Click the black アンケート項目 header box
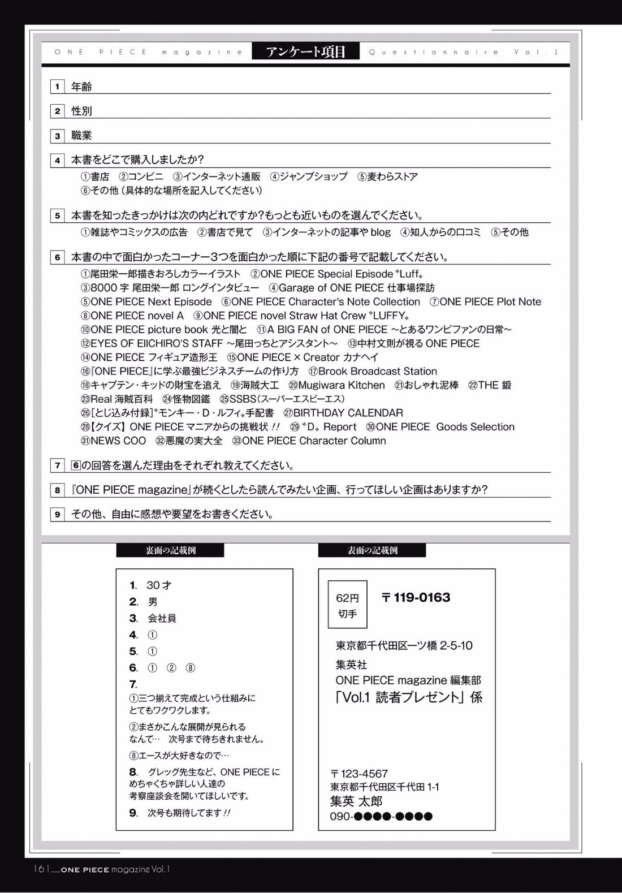click(305, 52)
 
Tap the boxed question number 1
click(57, 87)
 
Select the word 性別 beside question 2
click(81, 111)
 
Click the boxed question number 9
click(57, 514)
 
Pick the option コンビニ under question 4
click(145, 177)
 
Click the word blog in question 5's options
click(381, 232)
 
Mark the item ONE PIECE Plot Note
click(490, 301)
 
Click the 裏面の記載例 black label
click(170, 550)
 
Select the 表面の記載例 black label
click(372, 550)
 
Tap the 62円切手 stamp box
click(348, 605)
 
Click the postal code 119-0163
click(421, 598)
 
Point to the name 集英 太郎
click(356, 801)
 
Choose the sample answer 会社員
click(162, 618)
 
